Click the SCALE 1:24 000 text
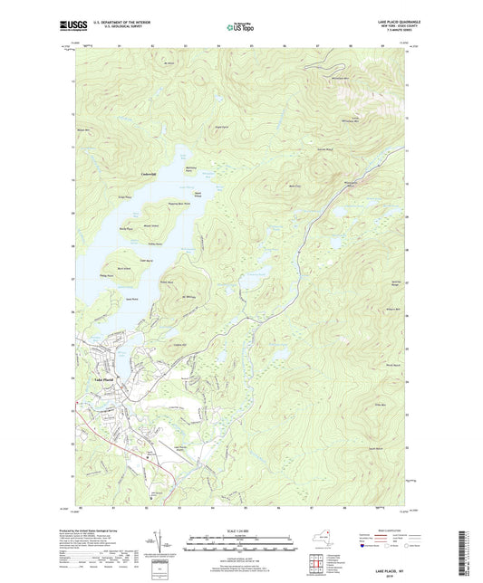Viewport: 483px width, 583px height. click(x=241, y=530)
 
